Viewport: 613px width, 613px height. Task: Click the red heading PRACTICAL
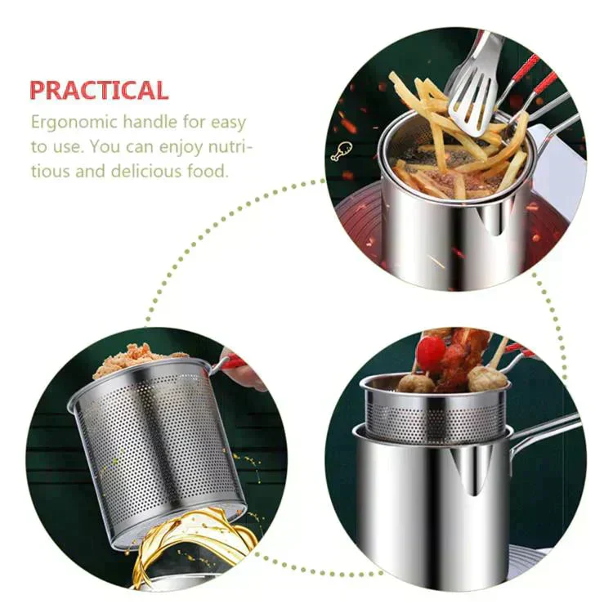(99, 89)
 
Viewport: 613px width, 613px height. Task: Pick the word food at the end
(209, 172)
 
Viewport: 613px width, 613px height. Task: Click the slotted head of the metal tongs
(472, 91)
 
